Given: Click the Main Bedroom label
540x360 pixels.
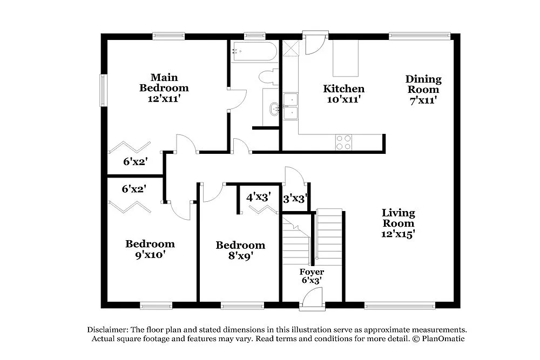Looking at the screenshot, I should tap(164, 83).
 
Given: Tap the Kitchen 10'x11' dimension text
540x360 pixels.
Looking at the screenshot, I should tap(343, 99).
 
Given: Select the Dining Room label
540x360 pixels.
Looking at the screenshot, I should tap(423, 84).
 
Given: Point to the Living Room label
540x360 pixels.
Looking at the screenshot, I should tap(399, 218).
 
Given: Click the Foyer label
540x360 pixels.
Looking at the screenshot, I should tap(312, 272).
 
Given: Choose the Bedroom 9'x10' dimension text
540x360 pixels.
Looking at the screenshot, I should tap(150, 255).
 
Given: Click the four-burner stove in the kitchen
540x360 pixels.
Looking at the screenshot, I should tap(343, 142).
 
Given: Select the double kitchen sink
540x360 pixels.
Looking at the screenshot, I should tap(291, 106).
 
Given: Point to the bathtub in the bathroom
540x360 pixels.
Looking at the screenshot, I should tap(254, 52).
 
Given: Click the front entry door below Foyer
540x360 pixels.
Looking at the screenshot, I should tap(312, 298).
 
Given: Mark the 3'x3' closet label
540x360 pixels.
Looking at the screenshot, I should tap(295, 199).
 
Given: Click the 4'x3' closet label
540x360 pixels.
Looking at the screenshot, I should tap(258, 197).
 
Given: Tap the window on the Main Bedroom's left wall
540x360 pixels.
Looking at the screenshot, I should tap(103, 90).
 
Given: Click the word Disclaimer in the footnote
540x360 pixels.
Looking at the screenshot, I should tap(106, 329).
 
